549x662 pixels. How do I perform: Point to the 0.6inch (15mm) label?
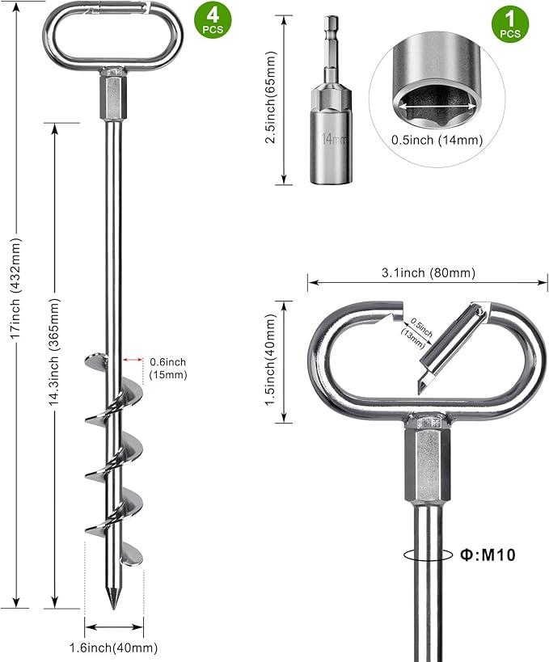pos(167,368)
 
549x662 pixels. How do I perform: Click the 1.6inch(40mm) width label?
pos(114,647)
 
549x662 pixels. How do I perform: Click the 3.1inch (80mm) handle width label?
pos(429,272)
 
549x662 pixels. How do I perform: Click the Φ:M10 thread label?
pos(488,554)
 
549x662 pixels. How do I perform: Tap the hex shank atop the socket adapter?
pos(332,36)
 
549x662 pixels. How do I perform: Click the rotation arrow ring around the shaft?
pos(420,554)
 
